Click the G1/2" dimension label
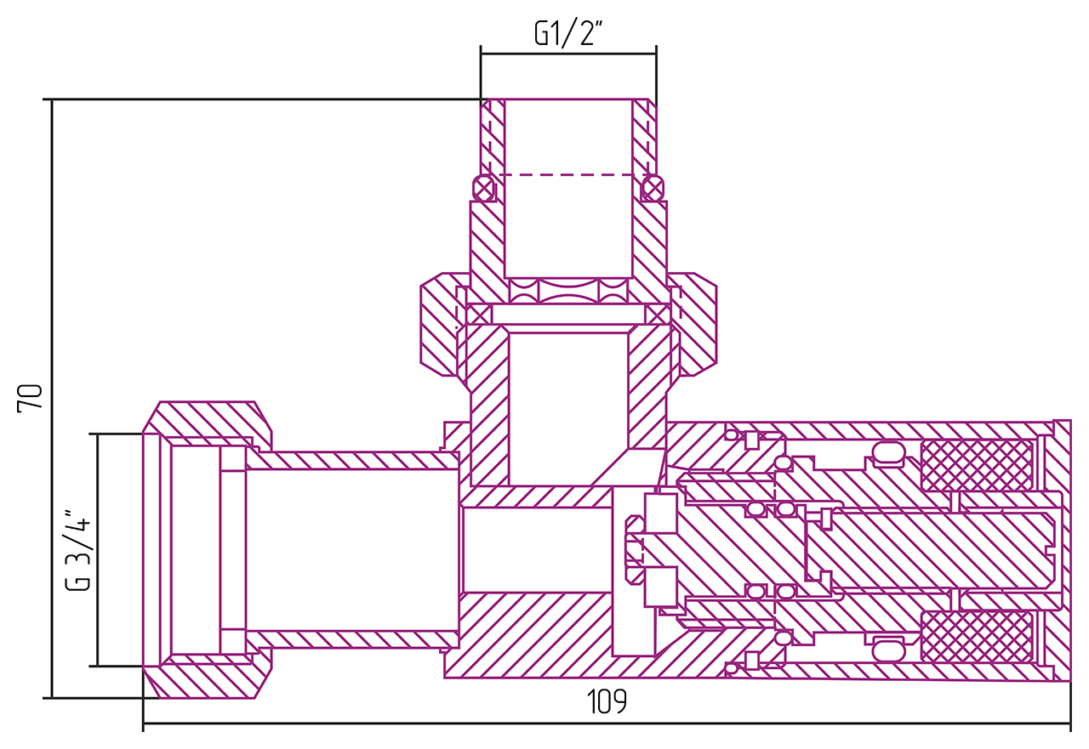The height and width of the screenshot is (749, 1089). click(568, 33)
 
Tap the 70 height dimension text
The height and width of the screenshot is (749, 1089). click(30, 398)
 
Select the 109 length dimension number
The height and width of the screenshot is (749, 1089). click(607, 702)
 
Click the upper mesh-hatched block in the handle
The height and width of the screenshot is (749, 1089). click(977, 465)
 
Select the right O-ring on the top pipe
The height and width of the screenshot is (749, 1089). click(653, 188)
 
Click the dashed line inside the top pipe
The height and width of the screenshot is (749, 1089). click(568, 175)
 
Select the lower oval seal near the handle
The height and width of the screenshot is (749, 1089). click(889, 649)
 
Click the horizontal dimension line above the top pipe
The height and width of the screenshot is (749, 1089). click(568, 54)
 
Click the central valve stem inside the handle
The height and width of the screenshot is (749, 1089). click(927, 550)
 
